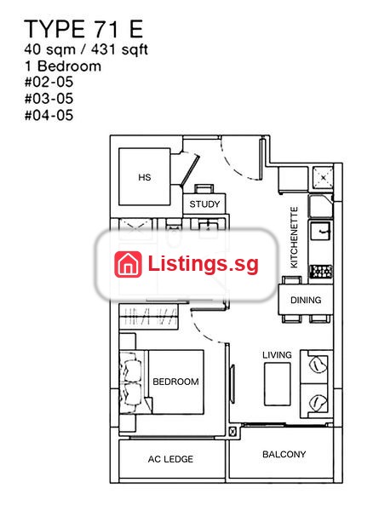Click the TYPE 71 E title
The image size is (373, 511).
point(83,29)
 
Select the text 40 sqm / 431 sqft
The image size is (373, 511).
point(86,50)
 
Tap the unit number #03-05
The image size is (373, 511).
point(49,99)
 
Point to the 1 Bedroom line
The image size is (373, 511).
point(63,66)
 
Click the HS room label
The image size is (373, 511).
point(145,177)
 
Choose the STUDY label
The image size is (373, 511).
point(204,204)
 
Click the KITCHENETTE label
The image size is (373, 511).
point(294,238)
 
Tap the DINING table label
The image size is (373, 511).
point(306,300)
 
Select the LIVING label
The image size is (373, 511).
point(278,355)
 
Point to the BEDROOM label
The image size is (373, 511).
point(175,382)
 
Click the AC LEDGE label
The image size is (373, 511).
point(170,459)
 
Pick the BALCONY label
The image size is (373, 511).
point(284,454)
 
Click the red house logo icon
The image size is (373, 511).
point(128,264)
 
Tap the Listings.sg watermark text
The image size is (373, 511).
point(204,264)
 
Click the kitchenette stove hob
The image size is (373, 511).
point(321,271)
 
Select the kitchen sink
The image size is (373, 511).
point(321,231)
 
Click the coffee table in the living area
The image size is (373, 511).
point(277,384)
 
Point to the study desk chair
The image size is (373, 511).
point(204,189)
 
